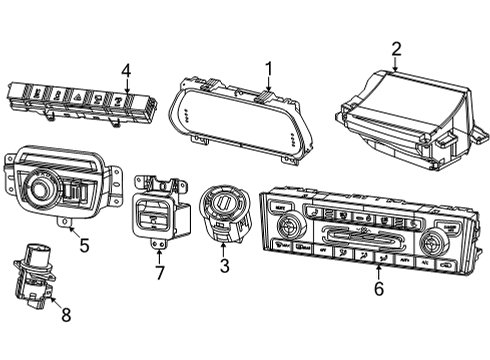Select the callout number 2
click(396, 48)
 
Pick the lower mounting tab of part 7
click(156, 242)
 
